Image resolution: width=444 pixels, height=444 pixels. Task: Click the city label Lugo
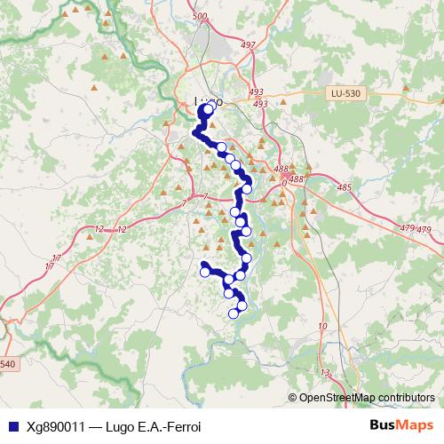(x=207, y=101)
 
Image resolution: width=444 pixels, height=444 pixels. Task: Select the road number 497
(x=248, y=44)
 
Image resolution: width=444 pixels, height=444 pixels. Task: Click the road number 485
(x=345, y=187)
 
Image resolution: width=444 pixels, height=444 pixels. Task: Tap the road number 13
(x=325, y=372)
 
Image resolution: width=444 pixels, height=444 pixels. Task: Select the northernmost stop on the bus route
(x=209, y=110)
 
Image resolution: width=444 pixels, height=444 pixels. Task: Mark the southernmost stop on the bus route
(x=234, y=313)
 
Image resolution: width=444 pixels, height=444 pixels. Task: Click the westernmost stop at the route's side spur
(x=205, y=273)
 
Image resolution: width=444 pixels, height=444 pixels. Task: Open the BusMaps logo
(x=402, y=425)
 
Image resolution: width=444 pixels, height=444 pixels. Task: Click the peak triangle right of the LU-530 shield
(x=404, y=88)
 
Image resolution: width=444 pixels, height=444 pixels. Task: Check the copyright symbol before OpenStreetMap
(x=293, y=397)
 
